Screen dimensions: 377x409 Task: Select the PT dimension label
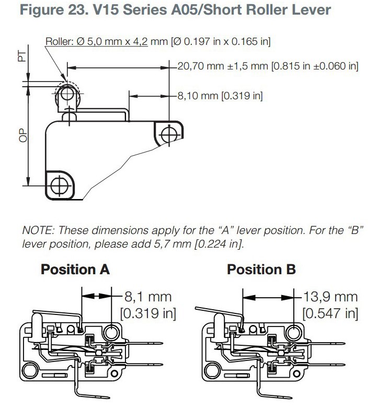(x=22, y=56)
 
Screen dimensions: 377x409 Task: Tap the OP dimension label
(x=23, y=135)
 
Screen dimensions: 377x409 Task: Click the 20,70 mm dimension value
(x=200, y=66)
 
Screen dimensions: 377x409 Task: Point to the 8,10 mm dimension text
(x=198, y=96)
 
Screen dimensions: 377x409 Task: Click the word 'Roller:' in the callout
(x=60, y=41)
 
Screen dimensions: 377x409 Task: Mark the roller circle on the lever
(x=67, y=94)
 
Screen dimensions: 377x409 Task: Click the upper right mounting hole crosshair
(x=169, y=135)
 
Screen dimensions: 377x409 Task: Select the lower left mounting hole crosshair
(x=60, y=186)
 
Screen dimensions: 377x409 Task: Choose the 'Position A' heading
(x=75, y=269)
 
